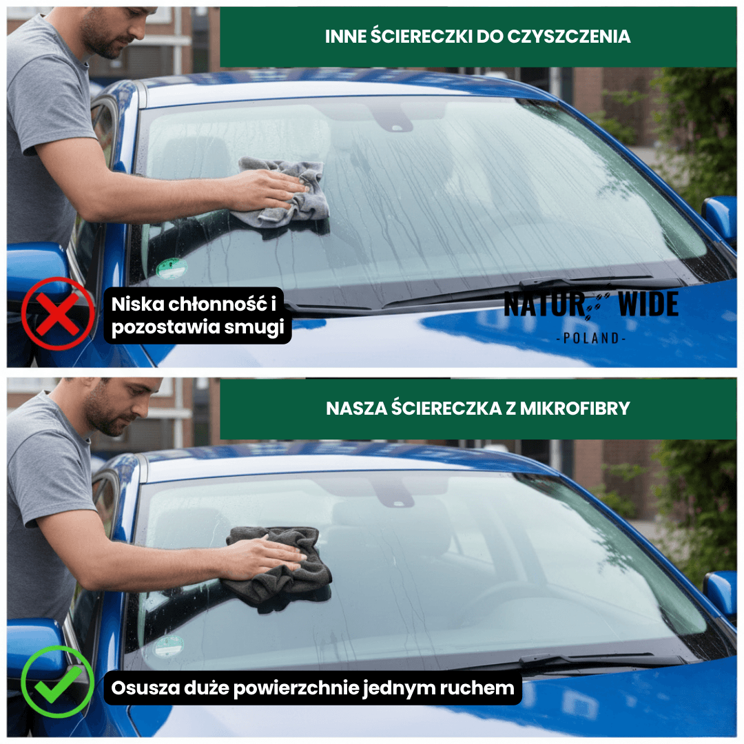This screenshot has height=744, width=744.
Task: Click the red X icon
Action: (57, 314)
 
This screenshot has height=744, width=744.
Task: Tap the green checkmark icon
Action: (57, 682)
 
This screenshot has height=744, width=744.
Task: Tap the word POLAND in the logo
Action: (590, 339)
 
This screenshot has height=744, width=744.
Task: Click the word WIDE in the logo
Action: (648, 304)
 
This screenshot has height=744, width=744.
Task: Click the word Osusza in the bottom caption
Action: (143, 688)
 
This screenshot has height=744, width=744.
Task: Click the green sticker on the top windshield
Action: (171, 267)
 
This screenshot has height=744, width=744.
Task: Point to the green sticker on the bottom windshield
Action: (169, 645)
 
